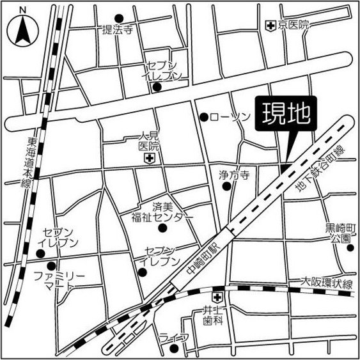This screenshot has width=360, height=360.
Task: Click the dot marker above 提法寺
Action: (x=118, y=18)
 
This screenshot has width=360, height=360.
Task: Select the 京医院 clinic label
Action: (x=293, y=25)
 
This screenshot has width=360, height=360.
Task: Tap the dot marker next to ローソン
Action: (x=204, y=117)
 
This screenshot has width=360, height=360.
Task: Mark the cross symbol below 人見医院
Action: (x=148, y=157)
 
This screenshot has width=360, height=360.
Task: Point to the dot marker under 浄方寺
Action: (x=226, y=187)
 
